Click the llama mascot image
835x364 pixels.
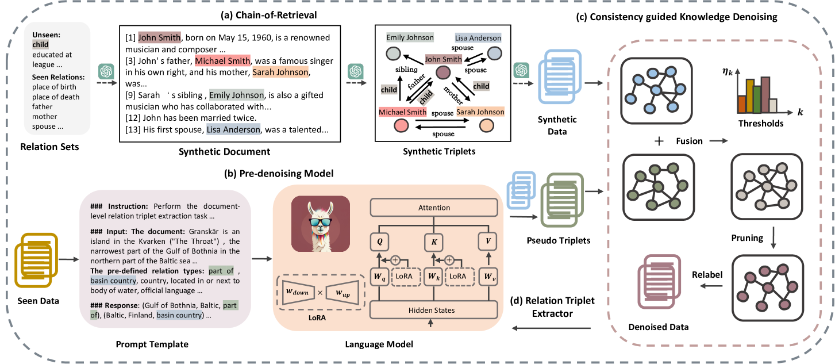321,224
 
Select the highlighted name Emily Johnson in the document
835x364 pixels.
234,95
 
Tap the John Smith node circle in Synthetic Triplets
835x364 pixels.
442,73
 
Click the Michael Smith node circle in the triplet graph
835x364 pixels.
402,125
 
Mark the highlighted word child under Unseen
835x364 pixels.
40,43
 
